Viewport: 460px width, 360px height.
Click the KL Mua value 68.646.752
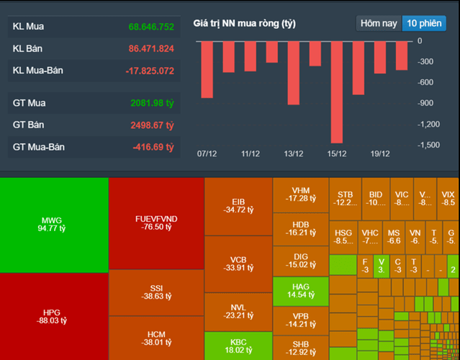151,27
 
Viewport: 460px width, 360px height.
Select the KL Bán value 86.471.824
151,49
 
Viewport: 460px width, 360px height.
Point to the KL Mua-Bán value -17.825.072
150,71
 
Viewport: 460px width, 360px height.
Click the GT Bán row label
29,125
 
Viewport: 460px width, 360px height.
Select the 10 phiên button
423,23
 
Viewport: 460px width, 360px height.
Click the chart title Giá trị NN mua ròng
244,24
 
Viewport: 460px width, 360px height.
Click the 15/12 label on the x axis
337,154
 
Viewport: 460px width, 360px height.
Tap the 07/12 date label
207,154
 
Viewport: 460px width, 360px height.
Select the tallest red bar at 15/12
337,91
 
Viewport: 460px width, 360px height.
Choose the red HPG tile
54,317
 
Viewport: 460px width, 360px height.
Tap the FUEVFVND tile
156,222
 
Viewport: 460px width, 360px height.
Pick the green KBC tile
238,346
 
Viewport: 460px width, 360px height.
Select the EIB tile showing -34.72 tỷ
238,206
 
